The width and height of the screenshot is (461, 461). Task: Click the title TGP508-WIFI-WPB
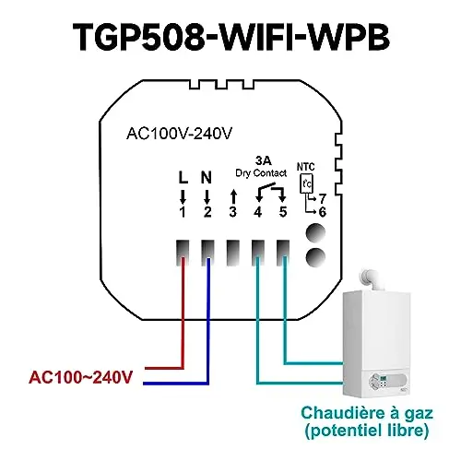click(x=231, y=37)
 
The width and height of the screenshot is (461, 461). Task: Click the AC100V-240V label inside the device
click(x=180, y=134)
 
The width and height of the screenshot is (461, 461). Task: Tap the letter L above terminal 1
click(x=183, y=178)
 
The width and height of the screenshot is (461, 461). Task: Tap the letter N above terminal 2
click(x=207, y=178)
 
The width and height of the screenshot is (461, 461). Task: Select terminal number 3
click(x=233, y=212)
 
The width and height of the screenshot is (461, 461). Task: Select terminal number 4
click(x=257, y=212)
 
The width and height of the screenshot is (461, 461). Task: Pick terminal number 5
click(x=283, y=212)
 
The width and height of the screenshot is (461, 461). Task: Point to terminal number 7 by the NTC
click(x=322, y=199)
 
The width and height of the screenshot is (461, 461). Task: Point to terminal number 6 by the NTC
click(x=322, y=212)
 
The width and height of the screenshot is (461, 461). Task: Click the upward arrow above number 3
click(x=233, y=196)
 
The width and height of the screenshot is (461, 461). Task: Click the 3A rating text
click(x=264, y=160)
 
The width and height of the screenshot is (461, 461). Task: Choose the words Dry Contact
click(x=261, y=173)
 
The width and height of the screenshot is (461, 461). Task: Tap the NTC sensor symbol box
click(x=306, y=183)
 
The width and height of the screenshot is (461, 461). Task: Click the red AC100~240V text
click(x=80, y=377)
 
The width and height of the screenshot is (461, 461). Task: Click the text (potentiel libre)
click(x=367, y=431)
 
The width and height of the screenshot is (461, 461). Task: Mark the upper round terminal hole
click(x=315, y=232)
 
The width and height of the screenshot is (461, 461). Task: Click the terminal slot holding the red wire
click(x=183, y=253)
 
